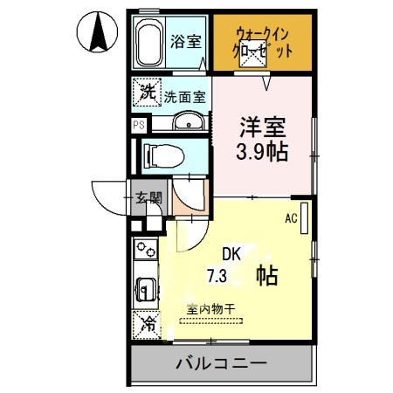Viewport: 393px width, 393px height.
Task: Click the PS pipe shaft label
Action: click(x=138, y=124)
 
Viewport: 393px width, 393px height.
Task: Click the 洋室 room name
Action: click(x=262, y=125)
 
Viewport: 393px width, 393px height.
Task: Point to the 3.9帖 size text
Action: click(x=262, y=150)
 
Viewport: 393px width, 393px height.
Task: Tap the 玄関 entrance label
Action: click(x=148, y=199)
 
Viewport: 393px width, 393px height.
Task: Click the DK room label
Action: click(x=231, y=255)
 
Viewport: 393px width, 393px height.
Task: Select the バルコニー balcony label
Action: click(x=221, y=363)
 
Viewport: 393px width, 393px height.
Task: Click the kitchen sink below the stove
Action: click(x=145, y=286)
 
